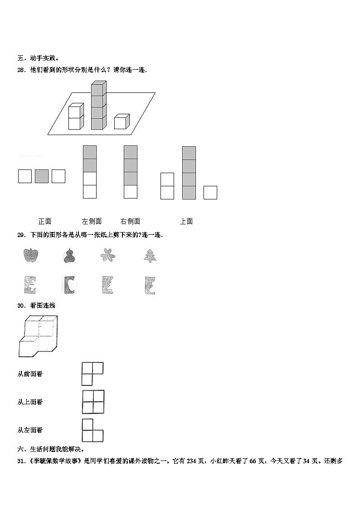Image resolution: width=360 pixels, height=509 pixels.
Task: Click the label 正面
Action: coord(45,221)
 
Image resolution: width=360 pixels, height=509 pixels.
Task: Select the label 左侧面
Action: coord(92,221)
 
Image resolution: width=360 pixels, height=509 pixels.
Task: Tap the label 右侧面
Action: coord(130,221)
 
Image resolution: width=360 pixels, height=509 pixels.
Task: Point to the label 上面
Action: coord(186,221)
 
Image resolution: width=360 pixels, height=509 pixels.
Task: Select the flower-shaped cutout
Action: coord(108,256)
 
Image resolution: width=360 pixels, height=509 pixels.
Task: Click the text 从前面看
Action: coord(30,374)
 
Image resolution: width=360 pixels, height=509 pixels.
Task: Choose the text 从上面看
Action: coord(30,402)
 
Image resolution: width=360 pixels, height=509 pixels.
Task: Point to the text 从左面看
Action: coord(30,430)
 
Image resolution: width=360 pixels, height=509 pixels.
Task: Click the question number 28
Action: coord(21,70)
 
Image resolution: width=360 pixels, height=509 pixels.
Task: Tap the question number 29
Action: coord(21,235)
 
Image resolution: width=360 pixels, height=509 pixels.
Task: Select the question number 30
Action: coord(21,305)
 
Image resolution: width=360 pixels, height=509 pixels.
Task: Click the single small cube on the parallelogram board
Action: coord(122,121)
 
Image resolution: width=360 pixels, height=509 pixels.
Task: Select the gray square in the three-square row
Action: coord(42,176)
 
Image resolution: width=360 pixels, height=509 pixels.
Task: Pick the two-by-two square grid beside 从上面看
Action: coord(93,402)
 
